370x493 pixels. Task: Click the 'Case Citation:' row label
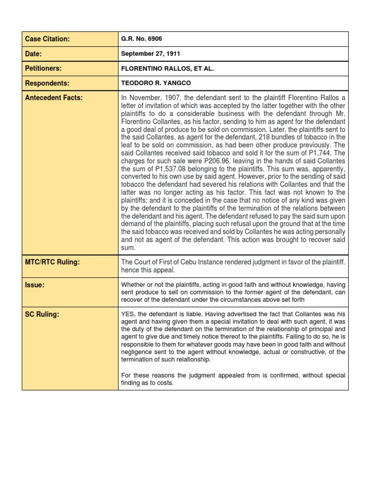pos(48,39)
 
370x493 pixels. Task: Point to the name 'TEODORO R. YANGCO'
pos(156,83)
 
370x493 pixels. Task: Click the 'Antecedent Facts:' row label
pos(54,98)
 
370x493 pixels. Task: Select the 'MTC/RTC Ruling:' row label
pos(53,262)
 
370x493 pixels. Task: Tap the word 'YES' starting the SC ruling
pos(128,314)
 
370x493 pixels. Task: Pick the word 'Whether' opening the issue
pos(133,285)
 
